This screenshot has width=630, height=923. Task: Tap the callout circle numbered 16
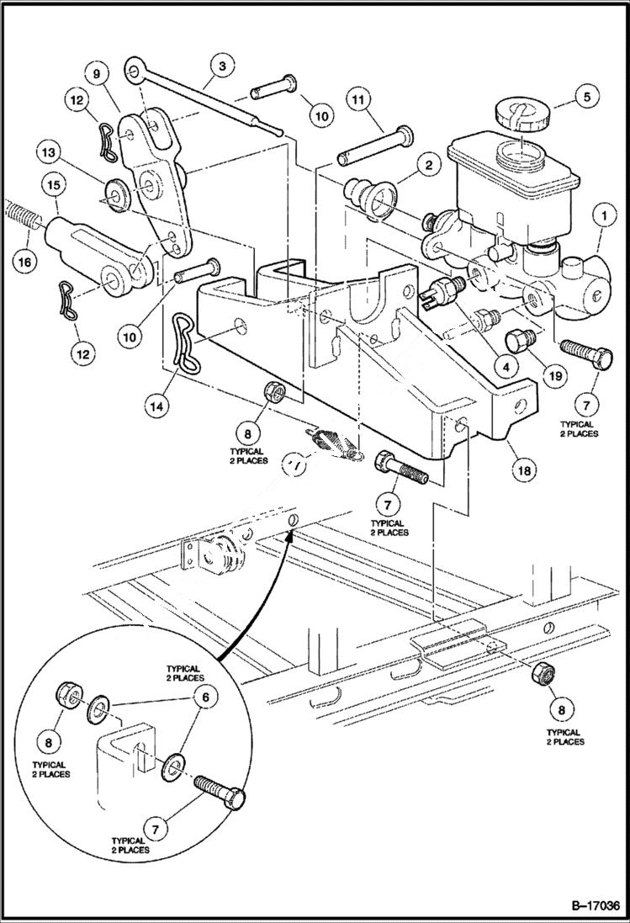(24, 261)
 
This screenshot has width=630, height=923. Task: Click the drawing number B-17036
(583, 905)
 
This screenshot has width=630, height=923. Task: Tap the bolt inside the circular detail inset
(221, 791)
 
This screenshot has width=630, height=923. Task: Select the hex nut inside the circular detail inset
(68, 696)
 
